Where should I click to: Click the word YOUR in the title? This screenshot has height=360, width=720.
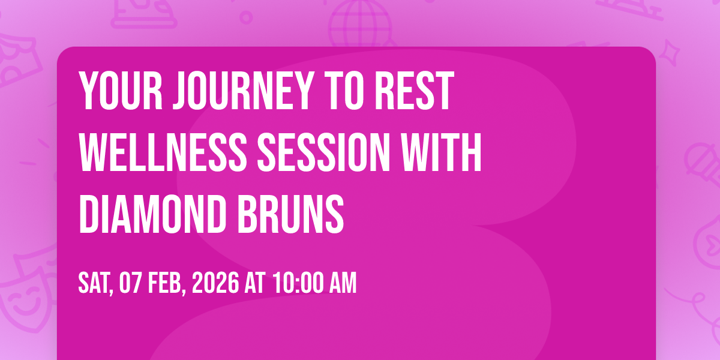coord(121,91)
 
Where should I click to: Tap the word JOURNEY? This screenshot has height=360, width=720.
coord(244,91)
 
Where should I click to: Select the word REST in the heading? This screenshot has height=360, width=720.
coord(415,91)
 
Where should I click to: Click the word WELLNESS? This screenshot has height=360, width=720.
coord(163,152)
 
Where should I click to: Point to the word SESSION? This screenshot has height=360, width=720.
coord(323,152)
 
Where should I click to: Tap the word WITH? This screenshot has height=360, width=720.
coord(441,152)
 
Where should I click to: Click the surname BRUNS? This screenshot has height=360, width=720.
coord(290,214)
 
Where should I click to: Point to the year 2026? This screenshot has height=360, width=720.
coord(215,283)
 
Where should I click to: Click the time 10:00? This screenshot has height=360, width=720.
coord(298,283)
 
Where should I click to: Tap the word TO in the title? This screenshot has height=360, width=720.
coord(344,91)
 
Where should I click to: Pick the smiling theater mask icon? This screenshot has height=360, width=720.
coord(28,289)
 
